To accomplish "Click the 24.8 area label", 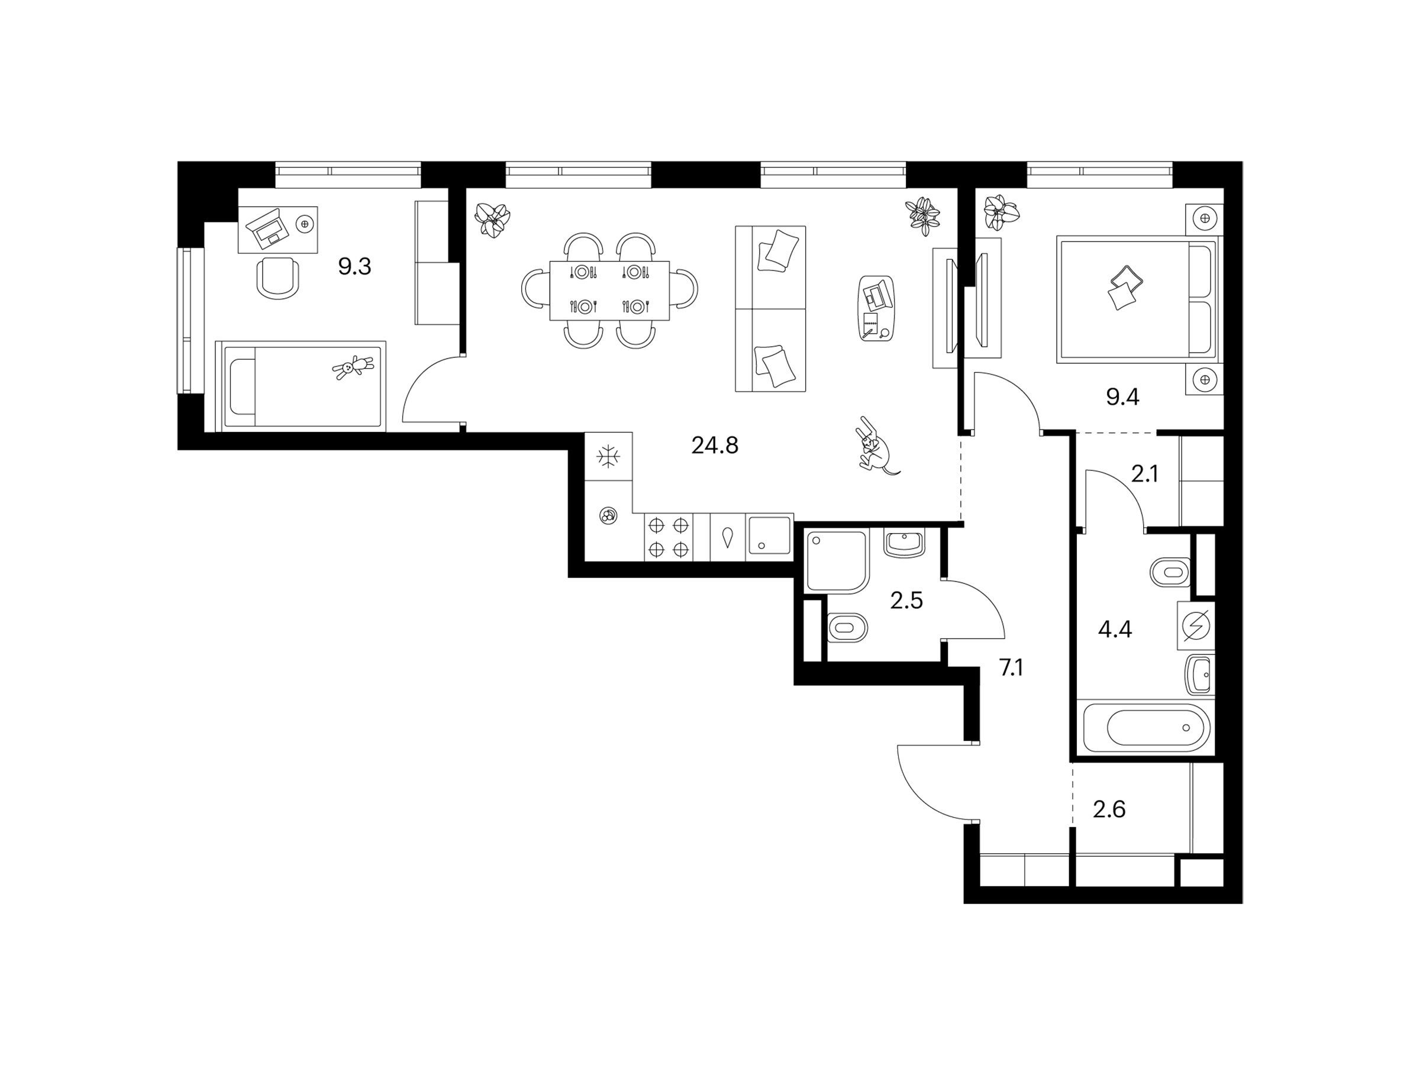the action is click(715, 445).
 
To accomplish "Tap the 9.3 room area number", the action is click(354, 266).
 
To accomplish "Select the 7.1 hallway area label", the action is click(1011, 668).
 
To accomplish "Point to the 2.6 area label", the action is click(1109, 809).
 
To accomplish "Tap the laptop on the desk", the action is click(269, 228).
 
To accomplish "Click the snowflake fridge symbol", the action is click(608, 456).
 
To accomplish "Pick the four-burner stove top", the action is click(668, 538).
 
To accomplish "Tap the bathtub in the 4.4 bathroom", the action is click(1145, 727).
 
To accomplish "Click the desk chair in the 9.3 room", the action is click(277, 277).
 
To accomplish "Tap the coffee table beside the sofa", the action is click(876, 309).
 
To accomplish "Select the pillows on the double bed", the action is click(1125, 288).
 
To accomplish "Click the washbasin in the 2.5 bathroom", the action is click(903, 544).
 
